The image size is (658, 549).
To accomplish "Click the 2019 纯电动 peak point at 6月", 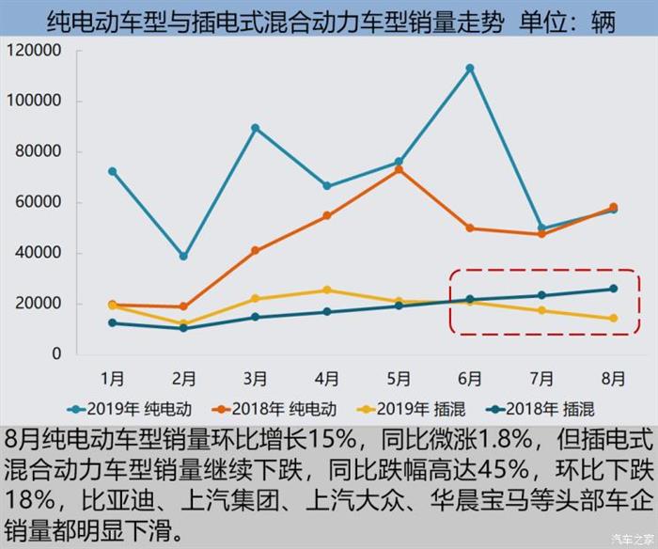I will [x=470, y=69].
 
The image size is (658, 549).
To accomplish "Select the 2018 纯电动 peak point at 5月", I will [x=399, y=169].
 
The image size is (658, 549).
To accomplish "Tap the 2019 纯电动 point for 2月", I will [x=184, y=256].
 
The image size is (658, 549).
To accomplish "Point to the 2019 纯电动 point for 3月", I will [x=256, y=128].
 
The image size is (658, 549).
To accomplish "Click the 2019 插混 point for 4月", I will [x=327, y=290].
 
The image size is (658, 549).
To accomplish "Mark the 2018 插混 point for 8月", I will [x=613, y=289].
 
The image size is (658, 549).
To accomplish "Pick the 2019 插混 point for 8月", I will [x=613, y=319].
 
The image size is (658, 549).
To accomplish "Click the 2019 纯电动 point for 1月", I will [x=113, y=171].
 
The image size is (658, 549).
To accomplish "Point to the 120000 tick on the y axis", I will [x=34, y=51].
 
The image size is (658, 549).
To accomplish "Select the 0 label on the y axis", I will [x=56, y=354].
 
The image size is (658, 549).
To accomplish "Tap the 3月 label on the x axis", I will [x=256, y=379].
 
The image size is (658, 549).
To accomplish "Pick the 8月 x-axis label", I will [x=613, y=379].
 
